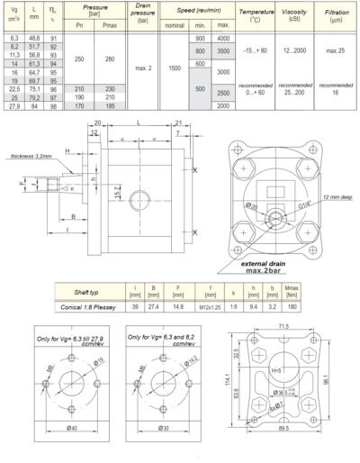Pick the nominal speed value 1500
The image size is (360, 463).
pos(174,67)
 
